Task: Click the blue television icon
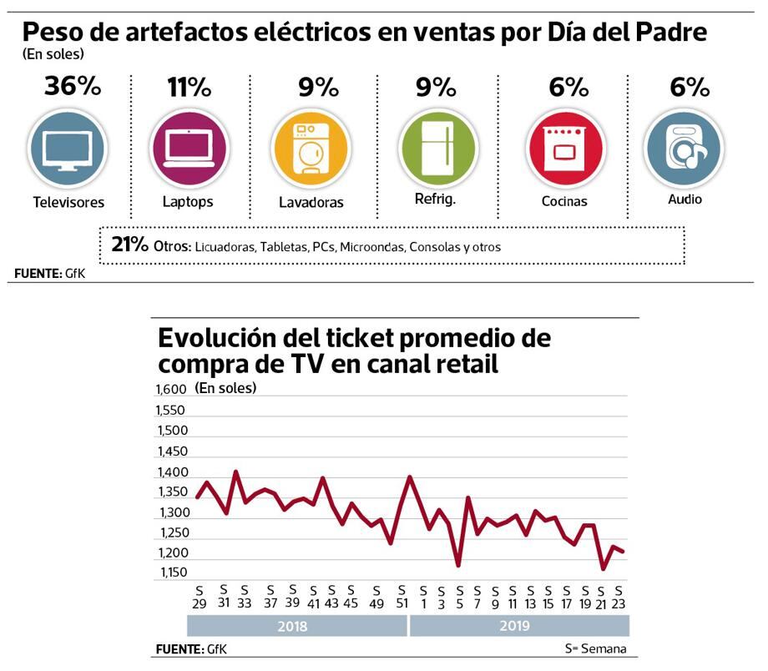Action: point(68,149)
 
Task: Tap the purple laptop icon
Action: point(188,149)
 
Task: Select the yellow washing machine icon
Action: point(310,149)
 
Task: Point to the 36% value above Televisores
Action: point(73,86)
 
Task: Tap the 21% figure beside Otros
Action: point(129,245)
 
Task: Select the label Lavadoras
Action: point(311,203)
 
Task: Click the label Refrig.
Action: point(435,199)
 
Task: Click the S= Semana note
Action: point(595,649)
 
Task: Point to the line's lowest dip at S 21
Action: point(603,569)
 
